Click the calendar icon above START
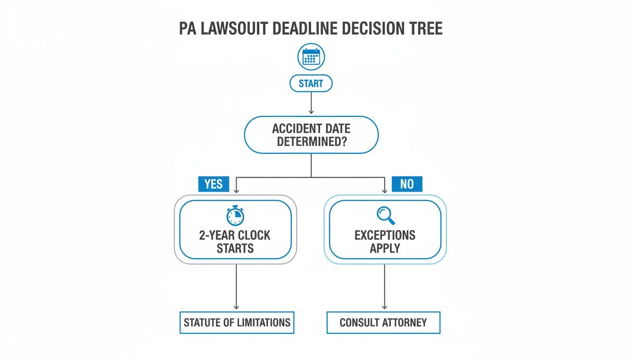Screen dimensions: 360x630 (311, 57)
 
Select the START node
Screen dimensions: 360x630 (311, 84)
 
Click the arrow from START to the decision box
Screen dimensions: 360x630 (311, 103)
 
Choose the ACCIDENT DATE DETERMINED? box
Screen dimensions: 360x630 (311, 135)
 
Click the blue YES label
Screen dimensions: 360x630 (214, 184)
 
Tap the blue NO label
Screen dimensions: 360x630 (407, 184)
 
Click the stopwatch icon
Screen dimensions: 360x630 (235, 216)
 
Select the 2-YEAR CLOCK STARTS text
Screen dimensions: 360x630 (235, 241)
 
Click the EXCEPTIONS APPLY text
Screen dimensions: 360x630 (385, 241)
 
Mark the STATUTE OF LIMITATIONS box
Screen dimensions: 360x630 (237, 322)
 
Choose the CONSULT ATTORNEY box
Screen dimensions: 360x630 (383, 322)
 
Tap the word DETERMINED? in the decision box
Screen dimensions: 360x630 (311, 141)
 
